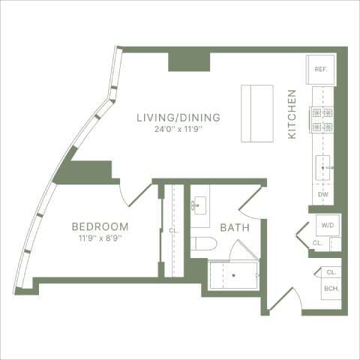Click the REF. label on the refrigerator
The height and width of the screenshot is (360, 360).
tap(321, 70)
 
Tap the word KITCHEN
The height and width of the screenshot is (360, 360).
tap(293, 113)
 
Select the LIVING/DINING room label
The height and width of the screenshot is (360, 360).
tap(178, 118)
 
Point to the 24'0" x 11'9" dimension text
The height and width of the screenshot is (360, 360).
tap(178, 129)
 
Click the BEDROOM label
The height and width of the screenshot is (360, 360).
tap(100, 226)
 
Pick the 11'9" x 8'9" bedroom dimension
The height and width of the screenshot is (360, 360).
tap(100, 238)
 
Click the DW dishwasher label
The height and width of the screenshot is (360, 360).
tap(323, 195)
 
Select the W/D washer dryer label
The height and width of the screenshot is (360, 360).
tap(327, 225)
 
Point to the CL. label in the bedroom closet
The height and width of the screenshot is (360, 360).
tap(173, 231)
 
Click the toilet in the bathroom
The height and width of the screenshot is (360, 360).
tap(204, 243)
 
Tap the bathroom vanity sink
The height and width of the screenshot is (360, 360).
tap(200, 204)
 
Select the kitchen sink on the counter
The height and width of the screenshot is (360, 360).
tap(324, 167)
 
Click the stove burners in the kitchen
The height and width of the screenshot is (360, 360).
tap(323, 120)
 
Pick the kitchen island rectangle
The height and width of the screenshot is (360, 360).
tap(256, 113)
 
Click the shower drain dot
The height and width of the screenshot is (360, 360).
tap(233, 275)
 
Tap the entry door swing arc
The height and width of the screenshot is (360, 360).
tap(289, 297)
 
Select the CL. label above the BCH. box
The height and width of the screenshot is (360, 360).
tap(331, 272)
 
